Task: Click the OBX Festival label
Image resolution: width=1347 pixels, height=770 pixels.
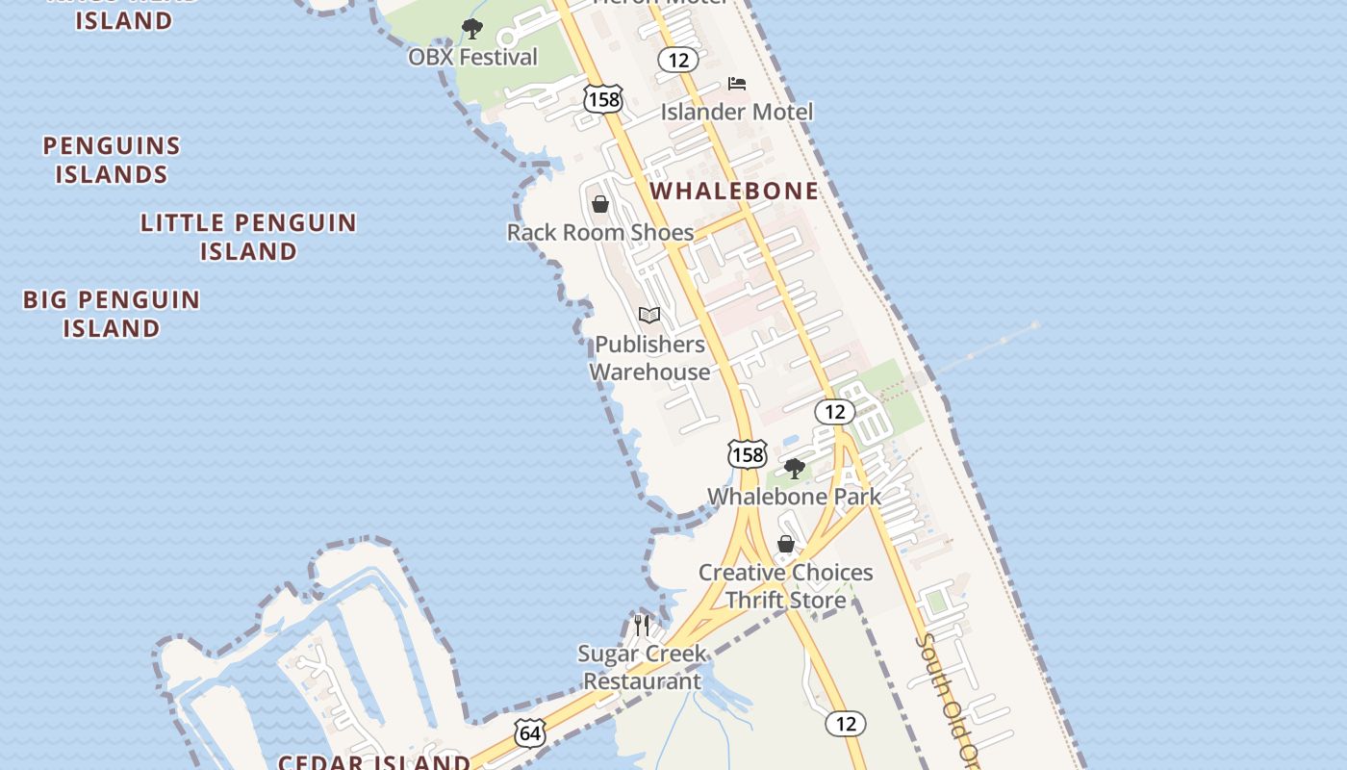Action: tap(472, 57)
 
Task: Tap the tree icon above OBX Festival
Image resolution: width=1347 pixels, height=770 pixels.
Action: tap(471, 29)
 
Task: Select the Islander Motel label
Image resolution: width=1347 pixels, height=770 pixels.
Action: tap(736, 112)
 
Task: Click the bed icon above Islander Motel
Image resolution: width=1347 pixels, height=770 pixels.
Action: tap(737, 84)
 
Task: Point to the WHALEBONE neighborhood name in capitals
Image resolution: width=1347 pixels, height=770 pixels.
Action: tap(734, 191)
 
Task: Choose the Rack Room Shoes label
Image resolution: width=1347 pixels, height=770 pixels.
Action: tap(600, 232)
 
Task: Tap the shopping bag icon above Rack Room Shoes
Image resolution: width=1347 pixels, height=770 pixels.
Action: tap(600, 204)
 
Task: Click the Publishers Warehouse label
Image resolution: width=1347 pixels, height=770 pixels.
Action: tap(649, 358)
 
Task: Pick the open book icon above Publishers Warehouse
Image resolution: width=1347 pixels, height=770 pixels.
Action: tap(649, 315)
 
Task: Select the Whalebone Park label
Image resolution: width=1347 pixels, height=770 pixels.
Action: tap(794, 497)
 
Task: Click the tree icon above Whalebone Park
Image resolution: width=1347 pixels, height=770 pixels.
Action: tap(794, 469)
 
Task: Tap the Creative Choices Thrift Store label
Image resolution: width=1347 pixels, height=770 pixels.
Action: tap(785, 586)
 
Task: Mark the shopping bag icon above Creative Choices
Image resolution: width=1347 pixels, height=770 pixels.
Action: tap(786, 545)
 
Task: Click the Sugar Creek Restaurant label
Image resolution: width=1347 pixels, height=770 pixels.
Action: tap(642, 667)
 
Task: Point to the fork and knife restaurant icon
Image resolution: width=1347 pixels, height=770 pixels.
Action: tap(642, 626)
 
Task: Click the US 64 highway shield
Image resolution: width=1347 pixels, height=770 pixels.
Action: tap(530, 733)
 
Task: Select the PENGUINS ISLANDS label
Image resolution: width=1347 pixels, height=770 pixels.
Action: tap(112, 160)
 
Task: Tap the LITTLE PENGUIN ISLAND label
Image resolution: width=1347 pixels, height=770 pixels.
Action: tap(248, 237)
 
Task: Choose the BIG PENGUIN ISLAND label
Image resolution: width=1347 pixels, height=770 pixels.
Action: tap(112, 314)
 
